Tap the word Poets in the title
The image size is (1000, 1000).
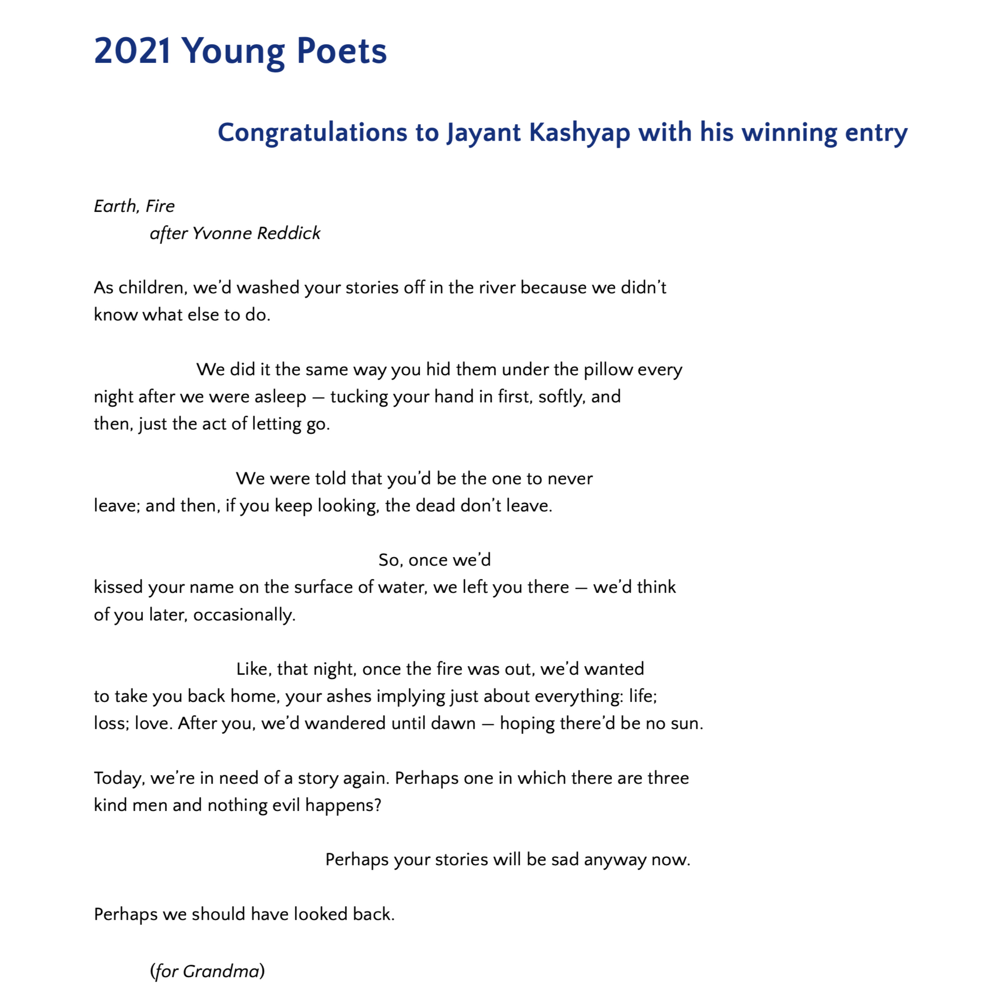point(342,51)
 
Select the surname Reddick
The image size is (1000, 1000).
point(289,233)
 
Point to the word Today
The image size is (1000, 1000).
point(119,778)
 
